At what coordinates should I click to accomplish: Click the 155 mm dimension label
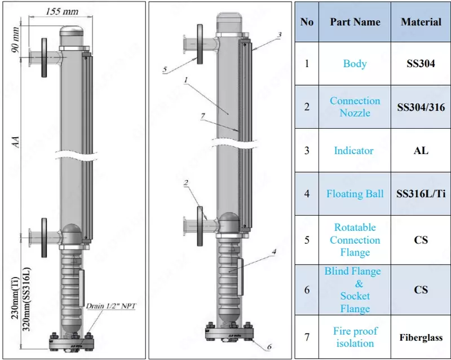coord(63,11)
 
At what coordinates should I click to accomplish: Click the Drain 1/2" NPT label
coord(112,306)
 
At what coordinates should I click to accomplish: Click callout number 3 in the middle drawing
coord(280,34)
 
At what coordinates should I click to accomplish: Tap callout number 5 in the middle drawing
coord(165,69)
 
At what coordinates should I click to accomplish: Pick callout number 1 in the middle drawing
coord(185,81)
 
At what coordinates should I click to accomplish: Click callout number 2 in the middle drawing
coord(185,183)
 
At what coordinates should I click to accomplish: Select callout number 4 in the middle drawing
coord(273,252)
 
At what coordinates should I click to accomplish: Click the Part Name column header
coord(355,23)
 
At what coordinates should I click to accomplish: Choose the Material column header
coord(421,23)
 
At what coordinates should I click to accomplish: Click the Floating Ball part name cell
coord(355,194)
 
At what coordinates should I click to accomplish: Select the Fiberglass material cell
coord(421,338)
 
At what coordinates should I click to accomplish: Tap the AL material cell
coord(421,151)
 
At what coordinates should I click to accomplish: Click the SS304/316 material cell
coord(421,107)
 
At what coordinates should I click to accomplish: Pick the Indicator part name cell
coord(353,151)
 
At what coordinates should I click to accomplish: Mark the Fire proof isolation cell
coord(355,337)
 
